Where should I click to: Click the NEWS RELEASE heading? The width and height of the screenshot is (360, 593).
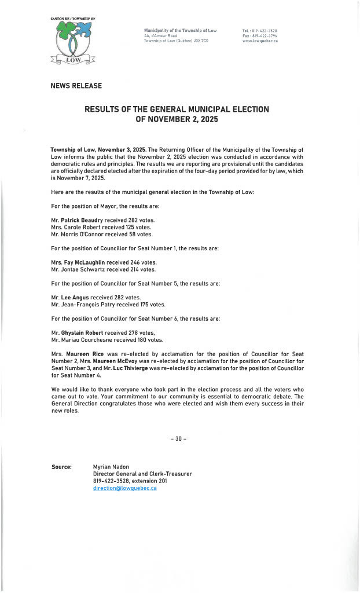click(76, 86)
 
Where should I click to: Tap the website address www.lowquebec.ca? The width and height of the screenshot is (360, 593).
click(260, 41)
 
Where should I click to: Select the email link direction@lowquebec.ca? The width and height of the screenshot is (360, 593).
click(124, 488)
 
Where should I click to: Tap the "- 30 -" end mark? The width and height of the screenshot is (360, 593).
click(179, 438)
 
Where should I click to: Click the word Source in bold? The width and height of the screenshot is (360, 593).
click(61, 466)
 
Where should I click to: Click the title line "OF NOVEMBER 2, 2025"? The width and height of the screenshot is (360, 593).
click(177, 119)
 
